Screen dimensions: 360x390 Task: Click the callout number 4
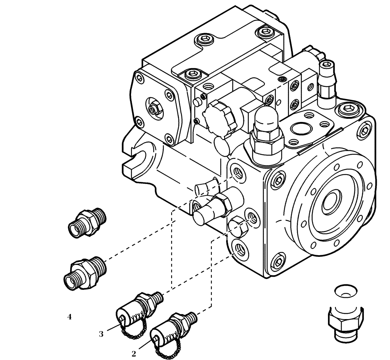coord(69,317)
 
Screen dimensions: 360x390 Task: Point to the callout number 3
coord(101,334)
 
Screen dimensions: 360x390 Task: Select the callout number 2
coord(133,354)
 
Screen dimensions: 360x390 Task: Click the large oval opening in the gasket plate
coord(299,128)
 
